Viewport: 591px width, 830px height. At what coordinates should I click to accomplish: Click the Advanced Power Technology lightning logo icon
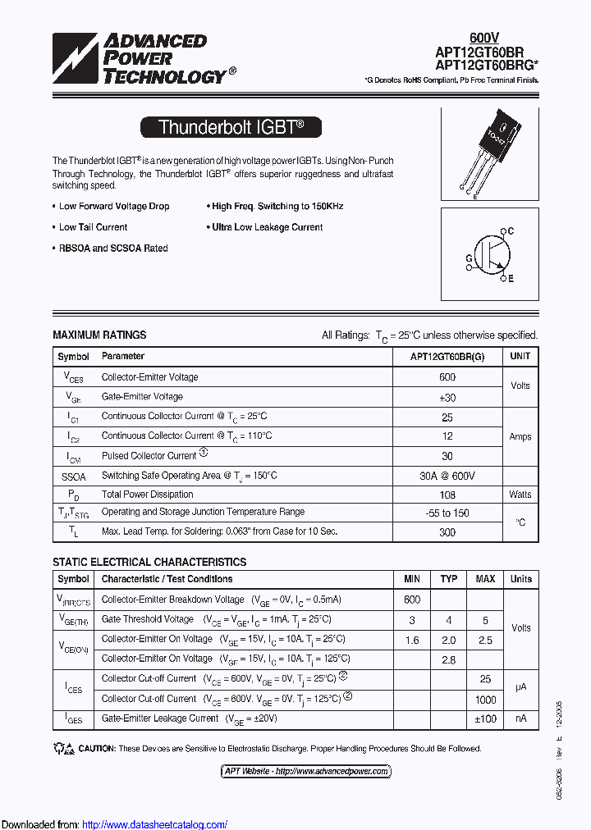tap(75, 58)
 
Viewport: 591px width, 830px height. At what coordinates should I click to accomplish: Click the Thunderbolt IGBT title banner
tap(231, 127)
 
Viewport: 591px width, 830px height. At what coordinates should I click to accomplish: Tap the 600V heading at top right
tap(483, 38)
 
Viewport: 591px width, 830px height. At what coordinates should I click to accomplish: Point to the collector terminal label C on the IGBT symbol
tap(510, 232)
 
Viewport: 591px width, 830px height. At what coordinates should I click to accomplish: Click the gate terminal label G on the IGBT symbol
tap(470, 258)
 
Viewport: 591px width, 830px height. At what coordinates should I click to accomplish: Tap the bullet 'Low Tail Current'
tap(93, 227)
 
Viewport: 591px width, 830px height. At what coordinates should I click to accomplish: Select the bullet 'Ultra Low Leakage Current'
tap(267, 227)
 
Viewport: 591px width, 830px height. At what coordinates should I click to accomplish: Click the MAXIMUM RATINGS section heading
tap(99, 335)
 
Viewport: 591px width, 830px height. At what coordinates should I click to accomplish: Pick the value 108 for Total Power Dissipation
tap(447, 495)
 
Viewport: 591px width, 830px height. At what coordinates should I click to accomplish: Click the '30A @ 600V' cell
tap(447, 476)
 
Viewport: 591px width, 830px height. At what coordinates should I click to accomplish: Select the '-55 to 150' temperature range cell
tap(447, 513)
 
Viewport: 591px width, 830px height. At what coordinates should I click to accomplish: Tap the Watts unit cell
tap(520, 495)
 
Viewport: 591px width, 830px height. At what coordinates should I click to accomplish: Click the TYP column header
tap(449, 579)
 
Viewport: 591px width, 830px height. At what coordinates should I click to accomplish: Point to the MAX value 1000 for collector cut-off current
tap(486, 700)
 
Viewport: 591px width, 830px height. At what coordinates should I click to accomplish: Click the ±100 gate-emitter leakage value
tap(486, 718)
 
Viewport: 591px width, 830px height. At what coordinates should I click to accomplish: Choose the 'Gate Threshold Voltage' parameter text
tap(148, 619)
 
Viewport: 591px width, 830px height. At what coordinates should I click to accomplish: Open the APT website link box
tap(306, 771)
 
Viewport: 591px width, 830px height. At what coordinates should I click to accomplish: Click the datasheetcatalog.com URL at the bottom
tap(155, 824)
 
